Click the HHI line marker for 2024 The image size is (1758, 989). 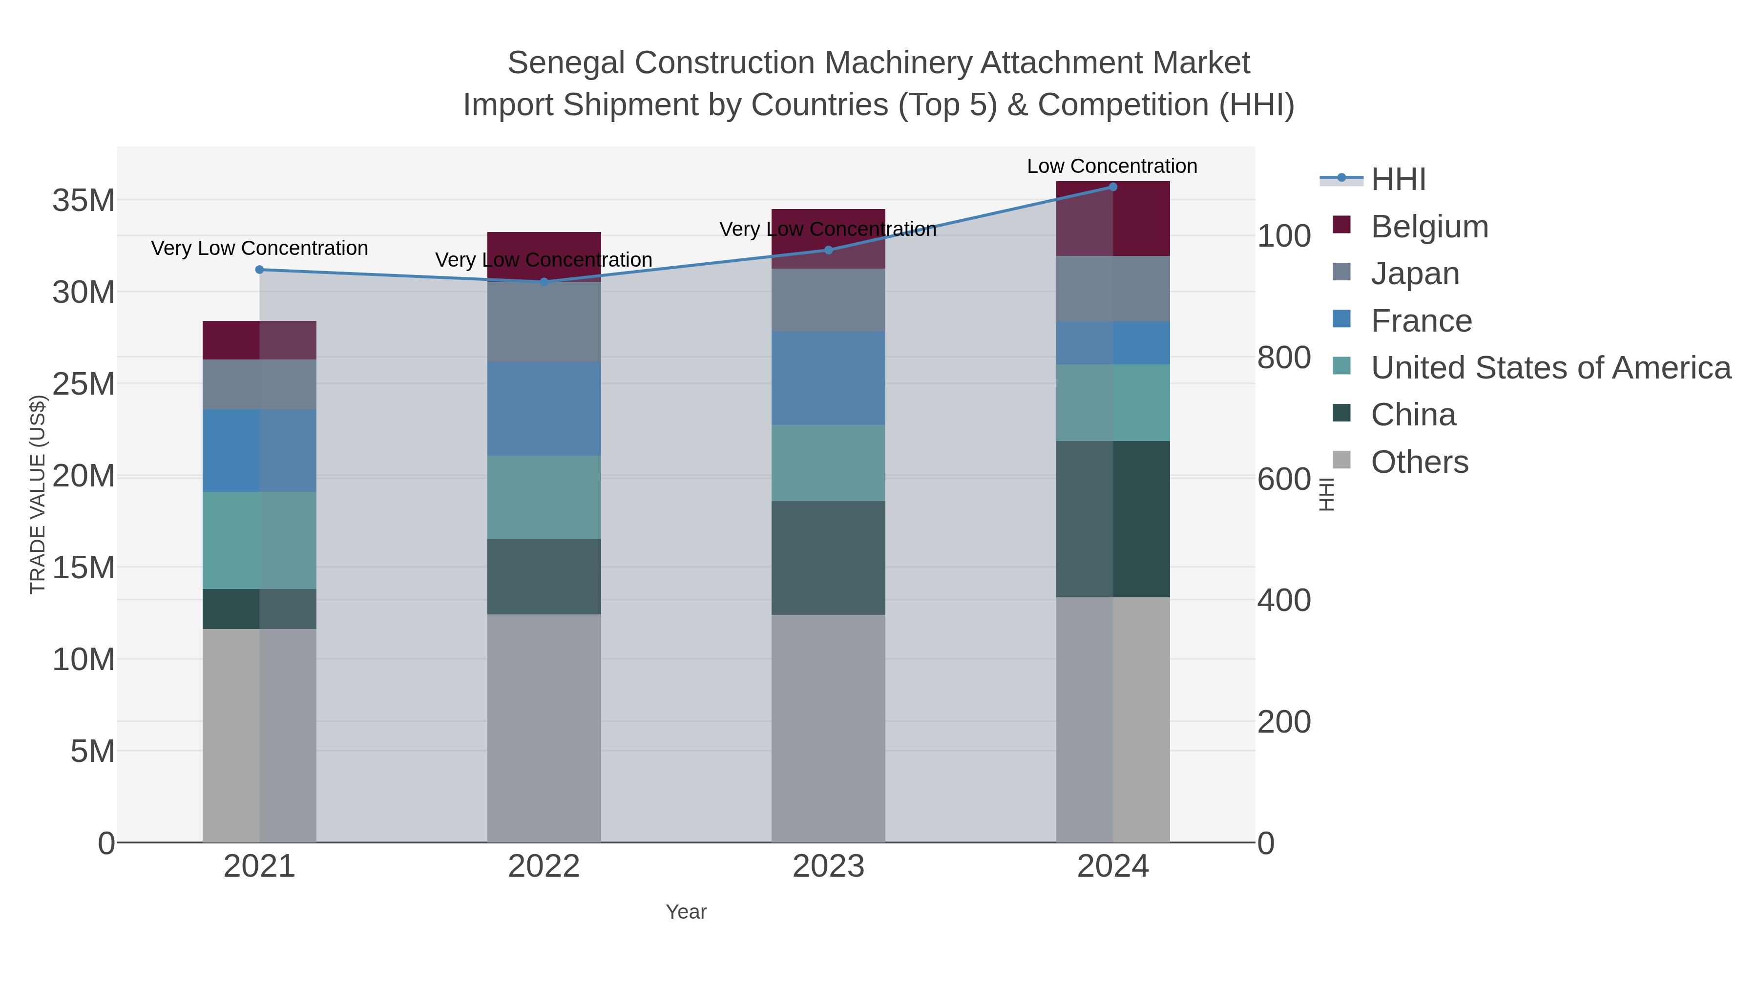click(1112, 187)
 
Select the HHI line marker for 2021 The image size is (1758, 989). click(259, 270)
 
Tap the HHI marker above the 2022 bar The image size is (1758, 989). click(544, 281)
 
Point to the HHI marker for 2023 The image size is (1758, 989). click(829, 250)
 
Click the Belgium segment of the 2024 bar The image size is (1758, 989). click(1113, 218)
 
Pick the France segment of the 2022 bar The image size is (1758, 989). click(544, 408)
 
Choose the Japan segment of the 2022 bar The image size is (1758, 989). click(544, 321)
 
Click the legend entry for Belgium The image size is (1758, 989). click(1429, 227)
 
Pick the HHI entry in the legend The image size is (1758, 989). click(1398, 180)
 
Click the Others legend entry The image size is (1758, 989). click(1419, 462)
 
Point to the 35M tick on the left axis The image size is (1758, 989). click(83, 201)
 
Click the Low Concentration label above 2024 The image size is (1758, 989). click(1112, 166)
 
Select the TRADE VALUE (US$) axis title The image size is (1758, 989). click(38, 494)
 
